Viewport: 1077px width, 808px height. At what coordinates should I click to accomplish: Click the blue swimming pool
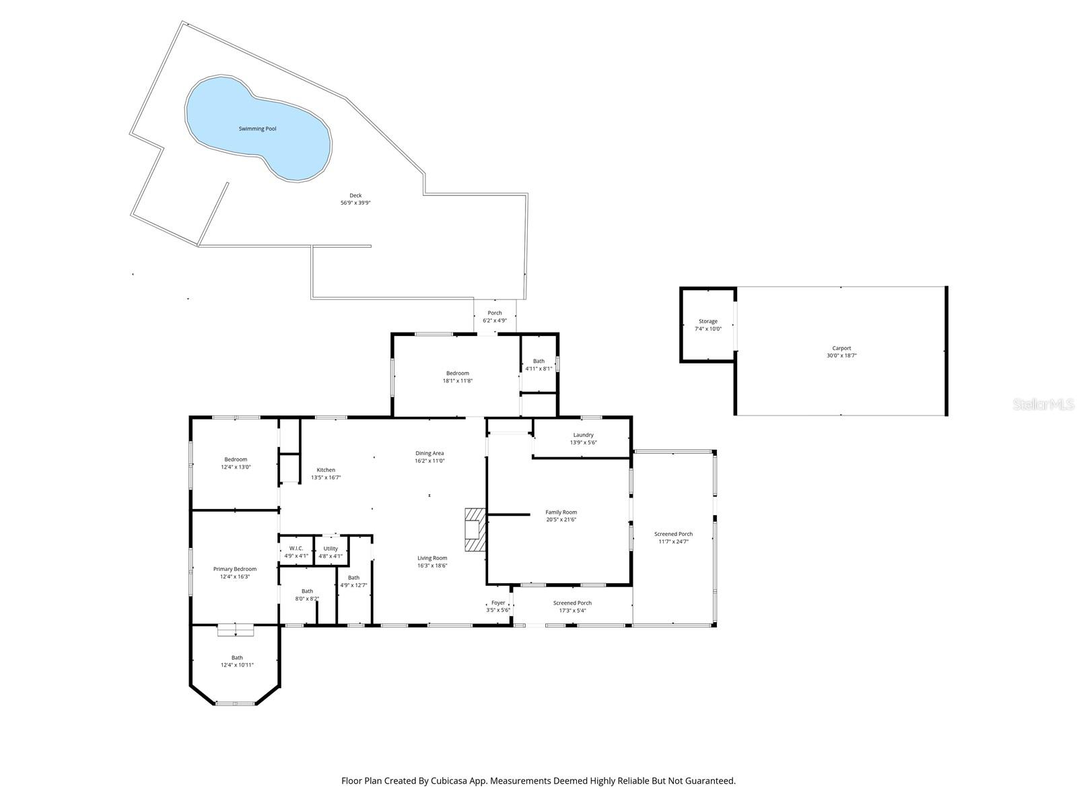point(258,128)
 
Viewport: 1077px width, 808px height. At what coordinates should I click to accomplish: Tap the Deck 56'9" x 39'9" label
point(355,199)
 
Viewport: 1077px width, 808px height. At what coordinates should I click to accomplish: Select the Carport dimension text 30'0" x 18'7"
point(841,356)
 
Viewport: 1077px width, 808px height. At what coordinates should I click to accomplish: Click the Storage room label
point(707,321)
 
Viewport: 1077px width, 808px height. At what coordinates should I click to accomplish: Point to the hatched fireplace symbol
point(474,530)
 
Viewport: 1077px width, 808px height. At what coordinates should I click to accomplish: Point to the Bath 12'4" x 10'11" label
point(237,661)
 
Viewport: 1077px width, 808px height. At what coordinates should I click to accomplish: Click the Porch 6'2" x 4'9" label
point(495,316)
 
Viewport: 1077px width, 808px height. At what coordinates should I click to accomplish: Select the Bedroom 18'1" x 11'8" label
point(457,377)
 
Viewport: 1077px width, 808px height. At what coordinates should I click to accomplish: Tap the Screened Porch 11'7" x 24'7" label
point(673,537)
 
